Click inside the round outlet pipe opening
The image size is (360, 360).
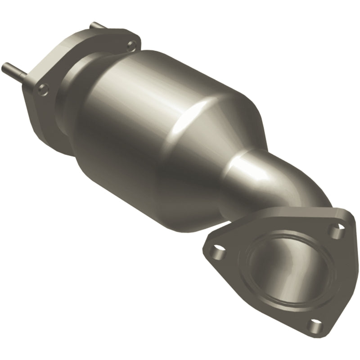coord(279,270)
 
